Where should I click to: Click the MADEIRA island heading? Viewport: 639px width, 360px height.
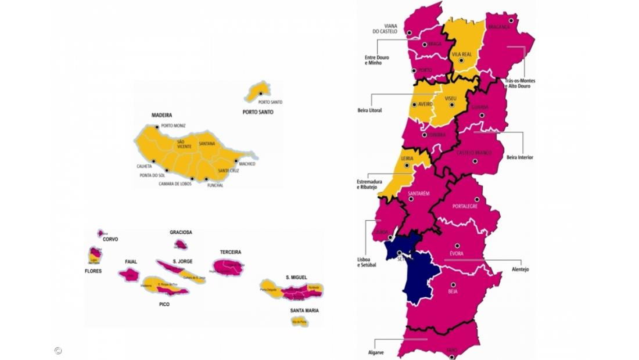(161, 116)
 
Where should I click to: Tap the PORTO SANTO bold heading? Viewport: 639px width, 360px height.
(257, 112)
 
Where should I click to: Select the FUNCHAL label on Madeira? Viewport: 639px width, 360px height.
(215, 185)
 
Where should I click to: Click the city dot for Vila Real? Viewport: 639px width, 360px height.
(461, 60)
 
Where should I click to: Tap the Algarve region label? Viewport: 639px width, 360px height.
(375, 352)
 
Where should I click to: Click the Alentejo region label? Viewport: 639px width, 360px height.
(520, 269)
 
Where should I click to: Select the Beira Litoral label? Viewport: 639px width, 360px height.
(369, 110)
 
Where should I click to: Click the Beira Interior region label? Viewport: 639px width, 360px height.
(519, 157)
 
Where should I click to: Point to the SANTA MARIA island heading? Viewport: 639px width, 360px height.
(304, 311)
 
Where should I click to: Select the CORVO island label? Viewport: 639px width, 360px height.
(110, 239)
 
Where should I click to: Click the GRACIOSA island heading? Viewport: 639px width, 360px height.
(181, 232)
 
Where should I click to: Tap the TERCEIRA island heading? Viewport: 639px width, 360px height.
(231, 252)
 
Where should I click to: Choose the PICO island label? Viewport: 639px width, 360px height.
(164, 304)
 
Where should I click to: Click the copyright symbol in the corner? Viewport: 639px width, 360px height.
(58, 350)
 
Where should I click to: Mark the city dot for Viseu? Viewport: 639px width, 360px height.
(452, 105)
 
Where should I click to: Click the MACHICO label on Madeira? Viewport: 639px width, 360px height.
(246, 164)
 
